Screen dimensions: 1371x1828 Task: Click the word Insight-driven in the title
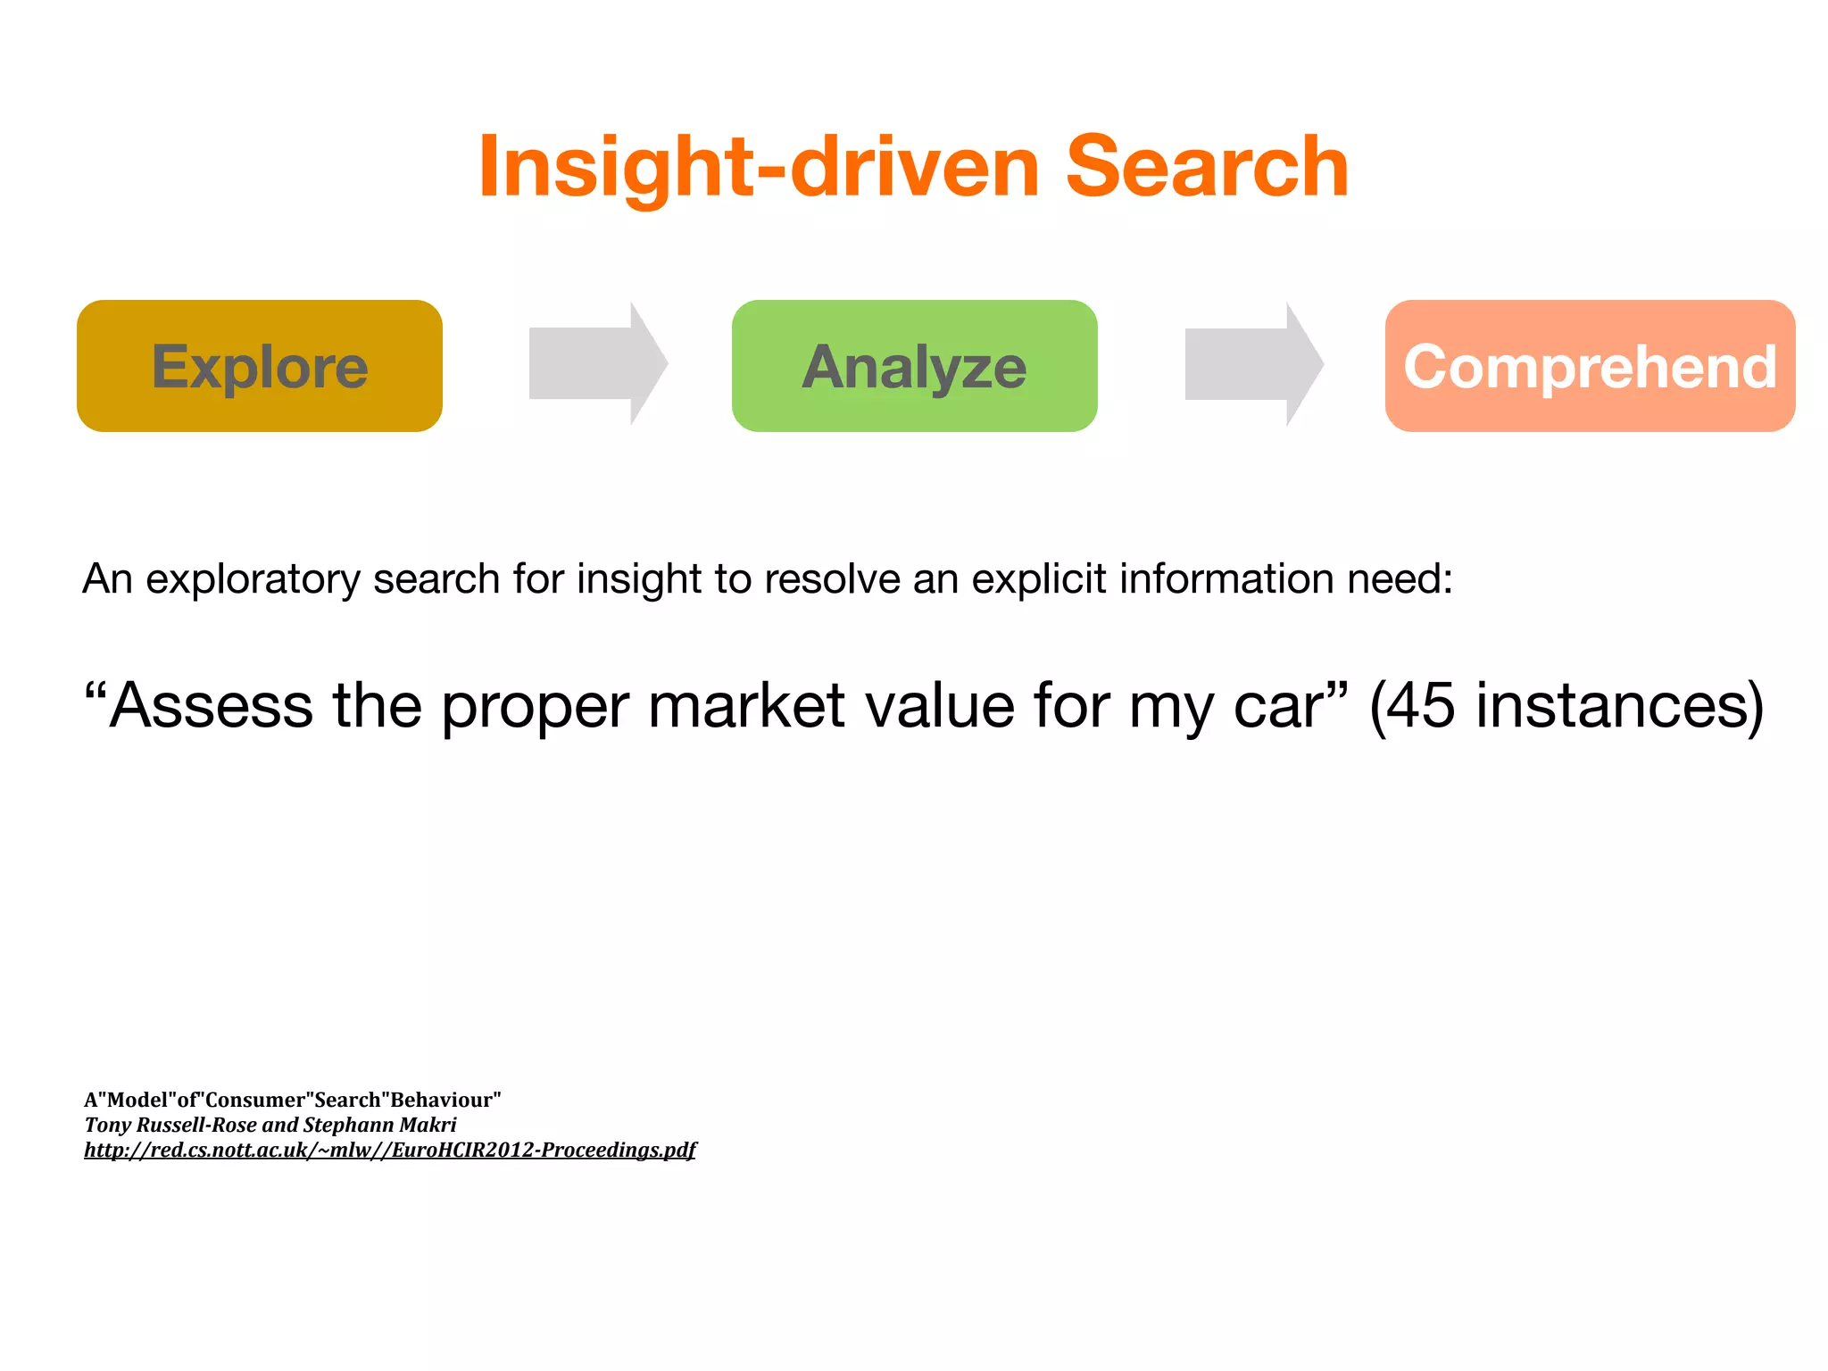point(759,167)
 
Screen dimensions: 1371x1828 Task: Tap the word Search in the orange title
point(1207,167)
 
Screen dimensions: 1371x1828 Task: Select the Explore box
point(260,366)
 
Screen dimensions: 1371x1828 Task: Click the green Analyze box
point(914,366)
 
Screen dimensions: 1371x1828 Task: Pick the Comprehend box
point(1590,366)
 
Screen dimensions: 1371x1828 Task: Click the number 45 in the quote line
point(1421,706)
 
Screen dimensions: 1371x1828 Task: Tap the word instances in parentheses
point(1607,706)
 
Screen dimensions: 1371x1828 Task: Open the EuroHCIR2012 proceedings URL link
point(390,1150)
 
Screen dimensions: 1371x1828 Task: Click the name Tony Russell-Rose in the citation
point(170,1125)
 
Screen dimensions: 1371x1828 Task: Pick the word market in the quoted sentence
point(745,706)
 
